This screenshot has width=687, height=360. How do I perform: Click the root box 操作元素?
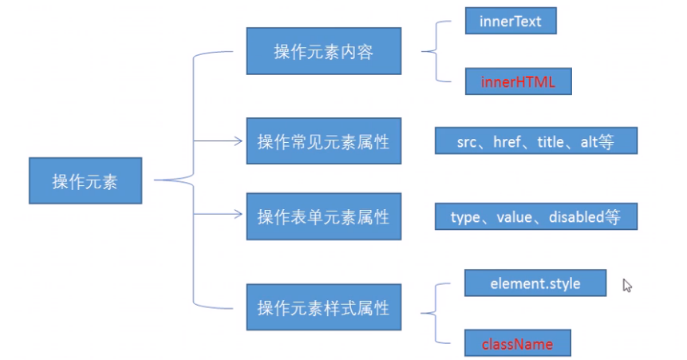[85, 181]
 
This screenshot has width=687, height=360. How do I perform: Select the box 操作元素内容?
[323, 52]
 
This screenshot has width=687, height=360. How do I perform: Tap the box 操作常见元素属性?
[323, 142]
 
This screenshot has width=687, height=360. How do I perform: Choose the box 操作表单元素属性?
[323, 216]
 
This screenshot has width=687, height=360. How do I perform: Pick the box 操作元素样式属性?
[323, 307]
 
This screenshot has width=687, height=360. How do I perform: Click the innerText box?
[510, 21]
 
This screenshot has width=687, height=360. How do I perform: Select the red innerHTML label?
[517, 81]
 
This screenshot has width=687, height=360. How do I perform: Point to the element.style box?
[535, 283]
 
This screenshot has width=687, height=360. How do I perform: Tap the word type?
[465, 216]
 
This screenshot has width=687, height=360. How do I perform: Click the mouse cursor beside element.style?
[627, 285]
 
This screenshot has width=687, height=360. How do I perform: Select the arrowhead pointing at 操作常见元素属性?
[237, 141]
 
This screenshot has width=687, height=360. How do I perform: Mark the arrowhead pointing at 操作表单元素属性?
[237, 213]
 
